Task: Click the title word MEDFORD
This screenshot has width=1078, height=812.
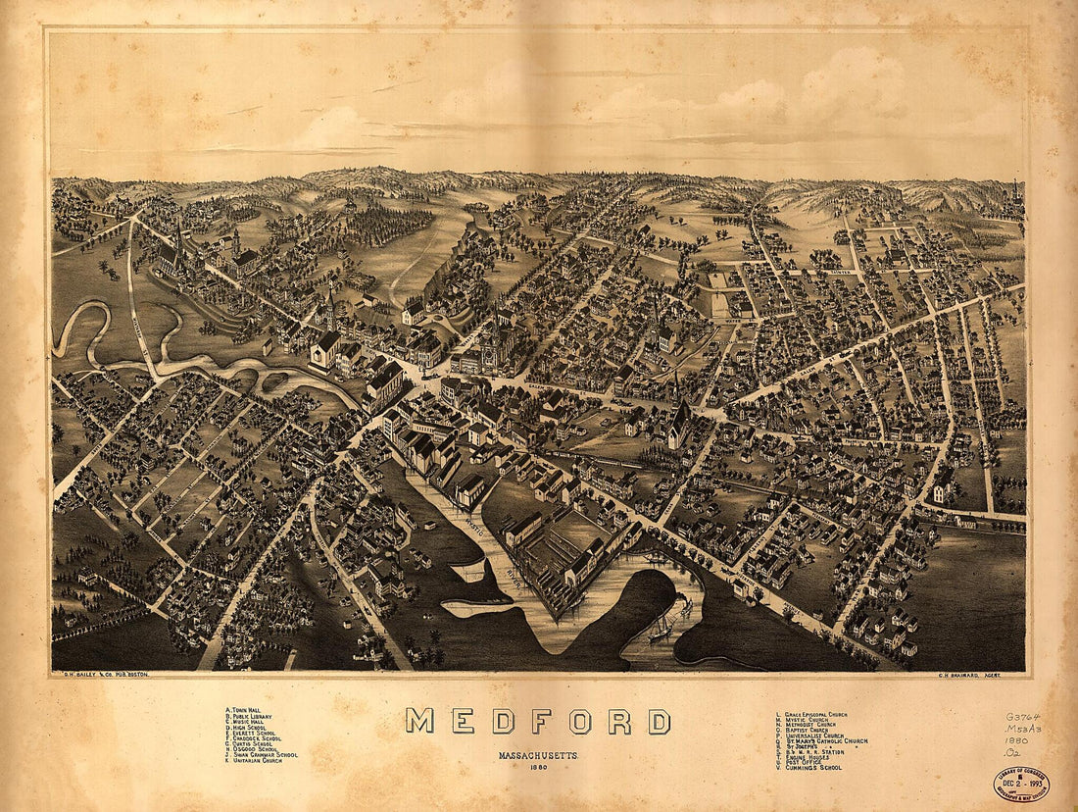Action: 538,722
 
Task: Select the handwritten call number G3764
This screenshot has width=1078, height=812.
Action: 1025,719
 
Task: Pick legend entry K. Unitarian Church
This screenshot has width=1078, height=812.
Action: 255,760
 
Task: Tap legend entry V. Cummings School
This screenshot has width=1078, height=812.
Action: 808,767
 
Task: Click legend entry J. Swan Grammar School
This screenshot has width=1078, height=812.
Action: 262,754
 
